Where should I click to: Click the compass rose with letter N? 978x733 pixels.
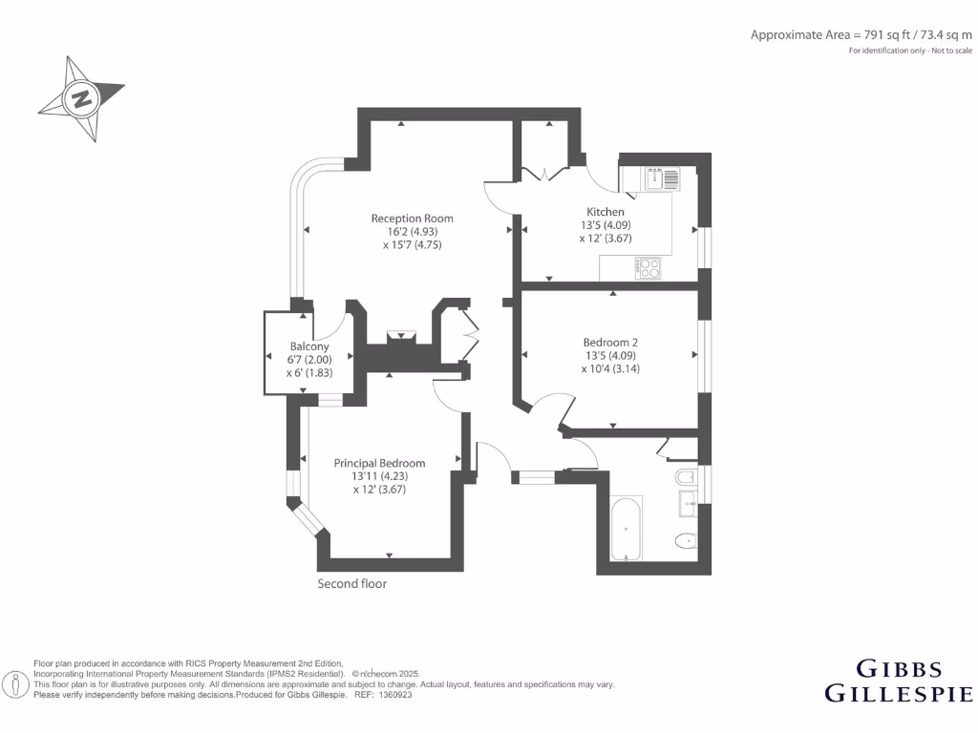82,98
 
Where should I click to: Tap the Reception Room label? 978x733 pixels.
413,219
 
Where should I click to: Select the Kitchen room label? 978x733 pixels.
606,212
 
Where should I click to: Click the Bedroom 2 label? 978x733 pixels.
610,343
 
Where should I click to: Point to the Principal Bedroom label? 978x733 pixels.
379,463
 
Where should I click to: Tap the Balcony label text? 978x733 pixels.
309,346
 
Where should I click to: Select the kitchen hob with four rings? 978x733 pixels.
649,269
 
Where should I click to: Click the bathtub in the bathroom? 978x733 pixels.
626,528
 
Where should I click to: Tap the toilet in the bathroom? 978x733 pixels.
686,542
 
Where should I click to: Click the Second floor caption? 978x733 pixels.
352,583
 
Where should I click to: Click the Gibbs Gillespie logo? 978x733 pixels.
898,680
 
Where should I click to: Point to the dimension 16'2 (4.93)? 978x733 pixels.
413,232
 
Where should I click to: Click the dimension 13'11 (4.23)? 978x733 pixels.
379,476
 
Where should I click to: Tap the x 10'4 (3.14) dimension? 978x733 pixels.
609,369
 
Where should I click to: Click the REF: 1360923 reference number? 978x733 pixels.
383,695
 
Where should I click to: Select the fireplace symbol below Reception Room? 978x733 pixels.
401,336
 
